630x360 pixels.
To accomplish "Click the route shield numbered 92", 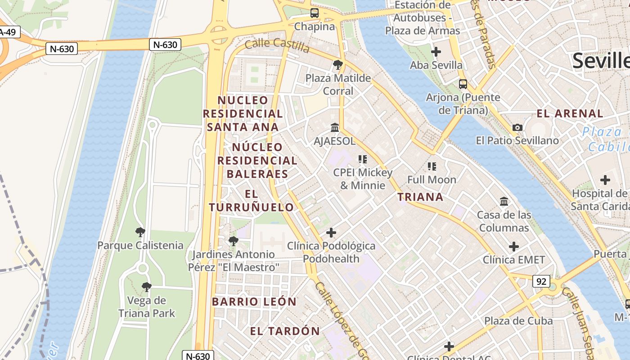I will point(541,281).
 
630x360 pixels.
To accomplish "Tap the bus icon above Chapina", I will point(315,13).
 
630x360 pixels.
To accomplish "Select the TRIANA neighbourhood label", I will point(420,197).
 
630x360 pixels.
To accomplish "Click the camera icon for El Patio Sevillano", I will point(517,127).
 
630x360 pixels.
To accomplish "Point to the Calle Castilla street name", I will point(277,45).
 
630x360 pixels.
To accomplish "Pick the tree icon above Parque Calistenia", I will point(140,232).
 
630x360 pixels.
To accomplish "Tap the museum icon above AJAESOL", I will point(334,128).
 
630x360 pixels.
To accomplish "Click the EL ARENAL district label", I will point(570,113).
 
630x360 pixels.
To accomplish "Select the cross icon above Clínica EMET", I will point(513,247).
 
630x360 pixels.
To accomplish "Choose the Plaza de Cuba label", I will point(518,321).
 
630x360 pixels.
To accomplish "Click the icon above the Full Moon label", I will point(432,166).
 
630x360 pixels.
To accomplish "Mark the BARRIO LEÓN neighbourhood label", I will point(254,301).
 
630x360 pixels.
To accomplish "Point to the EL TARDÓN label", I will point(285,331).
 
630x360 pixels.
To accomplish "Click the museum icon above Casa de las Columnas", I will point(504,202).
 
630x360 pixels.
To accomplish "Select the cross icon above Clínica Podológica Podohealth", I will point(331,233).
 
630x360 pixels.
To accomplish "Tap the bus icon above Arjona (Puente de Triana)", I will point(463,84).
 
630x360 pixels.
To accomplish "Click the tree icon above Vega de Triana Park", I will point(146,287).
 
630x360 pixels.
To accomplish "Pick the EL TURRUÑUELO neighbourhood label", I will point(251,201).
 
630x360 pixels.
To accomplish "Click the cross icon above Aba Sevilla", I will point(436,52).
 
